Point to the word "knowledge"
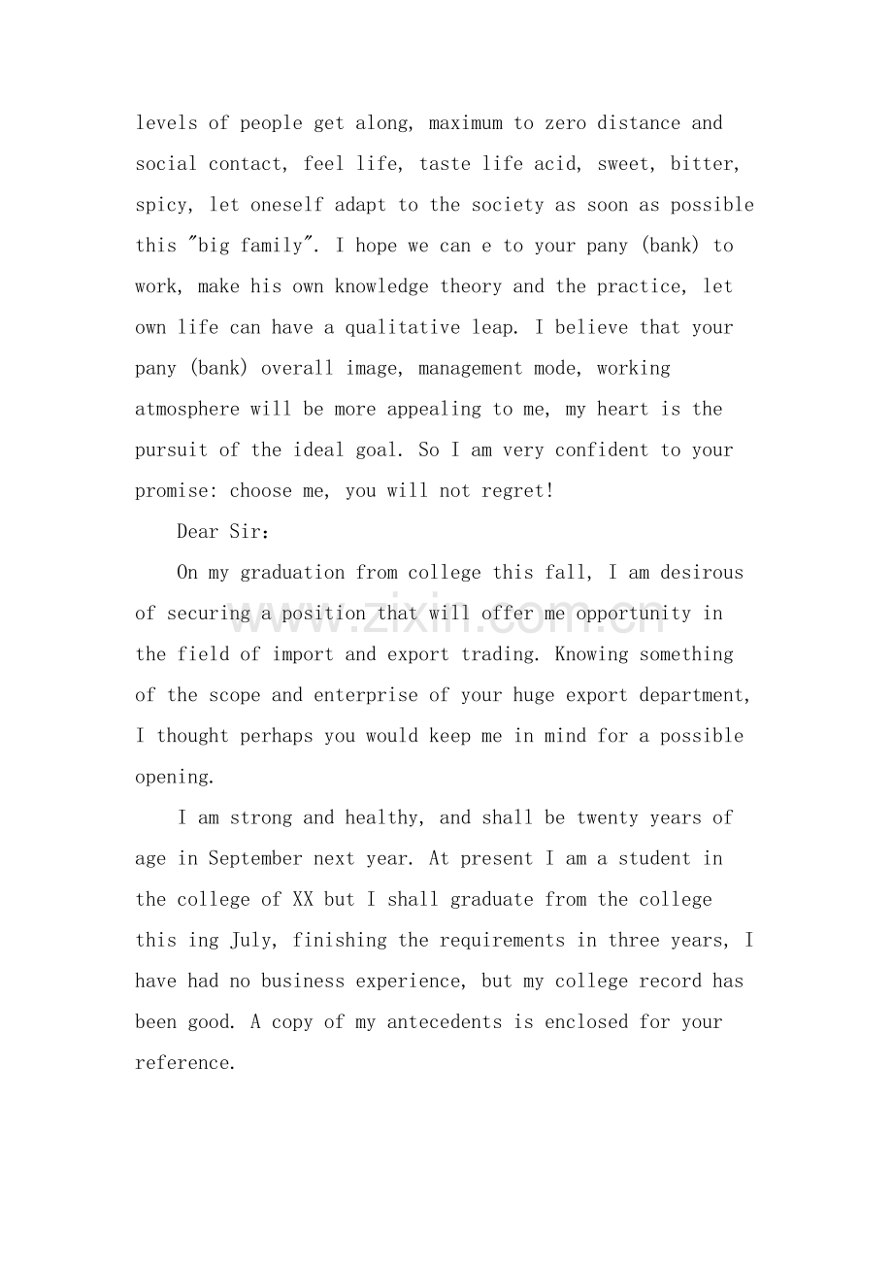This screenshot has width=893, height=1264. click(x=381, y=286)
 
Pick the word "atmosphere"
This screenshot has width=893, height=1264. click(x=187, y=409)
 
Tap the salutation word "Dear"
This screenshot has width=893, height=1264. click(x=198, y=531)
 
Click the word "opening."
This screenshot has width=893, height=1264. click(x=174, y=777)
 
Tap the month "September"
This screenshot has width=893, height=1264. click(x=255, y=858)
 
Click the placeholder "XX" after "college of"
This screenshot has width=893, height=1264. click(x=302, y=899)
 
